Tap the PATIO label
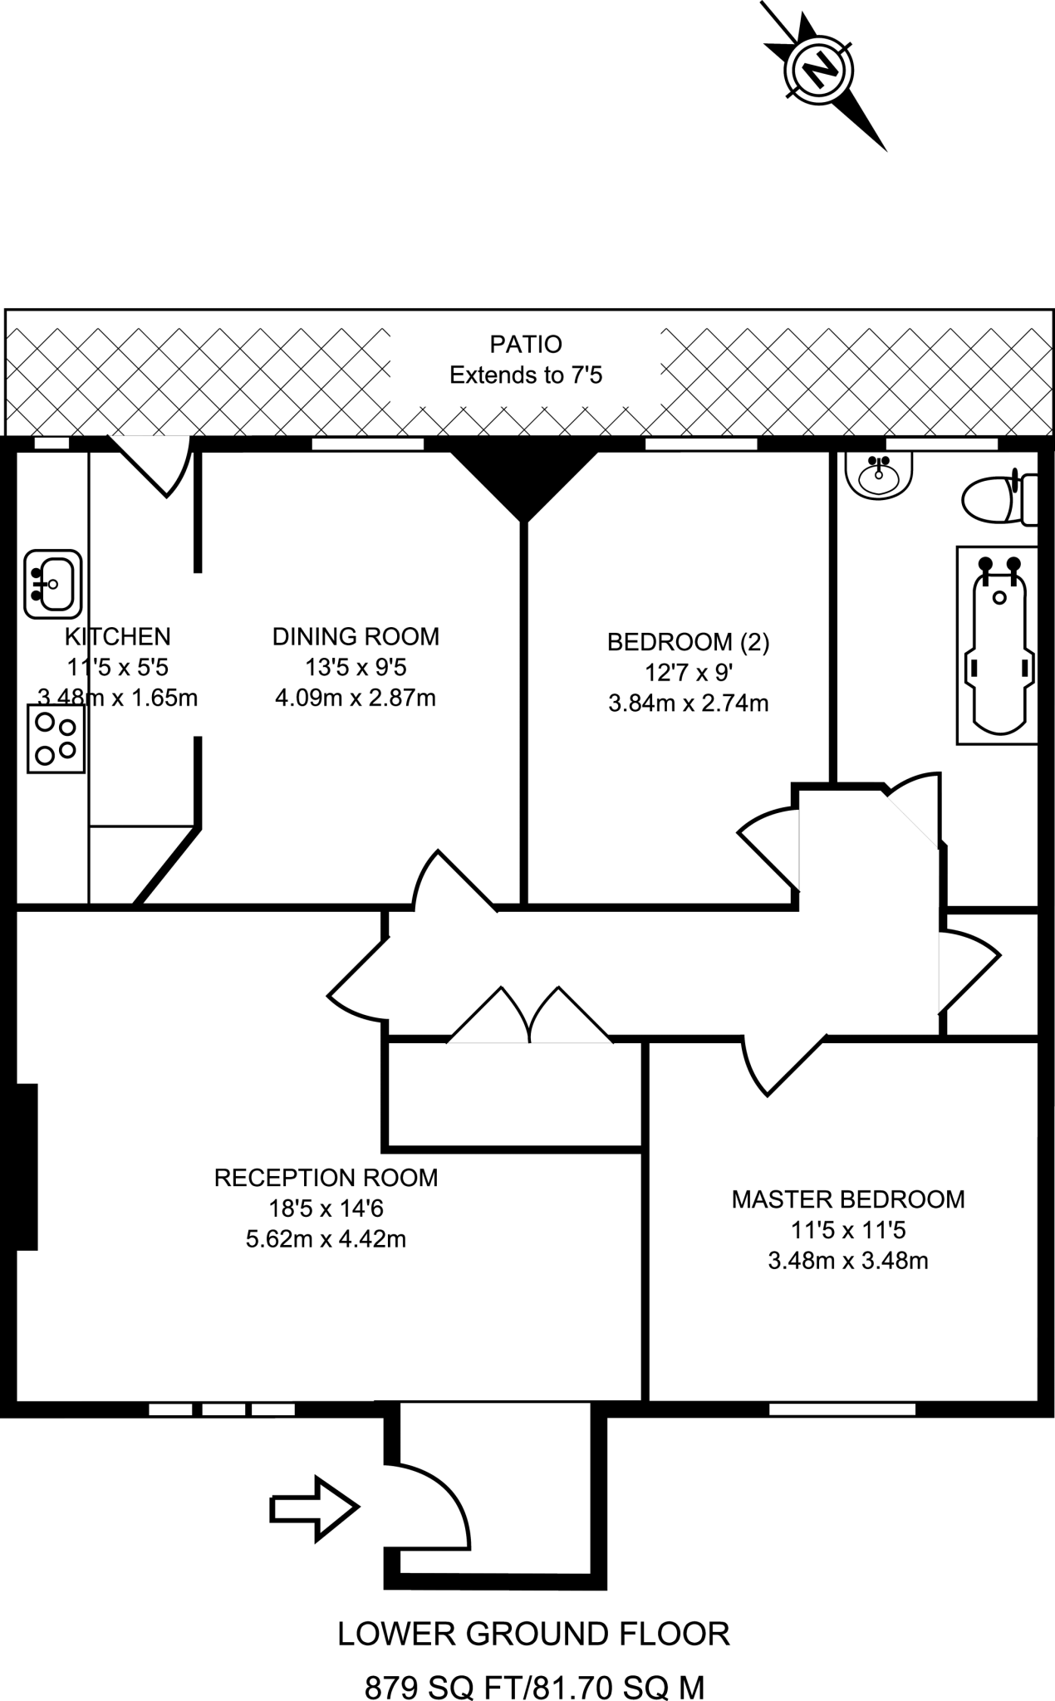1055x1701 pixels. pyautogui.click(x=526, y=344)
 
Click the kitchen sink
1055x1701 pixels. pyautogui.click(x=52, y=584)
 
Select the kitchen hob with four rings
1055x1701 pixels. pyautogui.click(x=56, y=738)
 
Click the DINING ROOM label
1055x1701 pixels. pyautogui.click(x=356, y=637)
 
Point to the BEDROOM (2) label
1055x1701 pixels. pyautogui.click(x=688, y=642)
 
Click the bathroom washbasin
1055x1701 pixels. pyautogui.click(x=879, y=476)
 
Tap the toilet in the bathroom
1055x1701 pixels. pyautogui.click(x=998, y=498)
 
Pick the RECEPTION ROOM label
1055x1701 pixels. pyautogui.click(x=326, y=1178)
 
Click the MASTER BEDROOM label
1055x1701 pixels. pyautogui.click(x=847, y=1199)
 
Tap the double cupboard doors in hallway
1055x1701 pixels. pyautogui.click(x=530, y=1017)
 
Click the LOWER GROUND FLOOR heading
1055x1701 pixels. pyautogui.click(x=533, y=1635)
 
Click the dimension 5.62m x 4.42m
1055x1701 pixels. pyautogui.click(x=326, y=1239)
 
